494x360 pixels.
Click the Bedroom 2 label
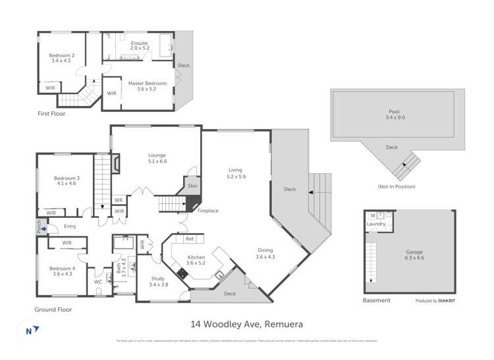tap(63, 58)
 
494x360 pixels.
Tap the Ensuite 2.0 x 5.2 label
tap(139, 45)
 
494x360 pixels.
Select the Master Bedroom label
tap(147, 86)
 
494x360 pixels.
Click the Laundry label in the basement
tap(377, 224)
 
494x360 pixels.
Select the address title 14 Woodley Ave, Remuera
tap(246, 324)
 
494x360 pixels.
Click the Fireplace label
tap(207, 211)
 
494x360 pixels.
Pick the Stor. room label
tap(193, 186)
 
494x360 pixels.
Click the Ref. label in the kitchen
tap(190, 239)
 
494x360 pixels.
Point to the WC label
tap(98, 282)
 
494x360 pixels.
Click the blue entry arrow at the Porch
tap(45, 230)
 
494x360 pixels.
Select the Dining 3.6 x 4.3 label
tap(265, 254)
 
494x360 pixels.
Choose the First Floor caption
tap(51, 113)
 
